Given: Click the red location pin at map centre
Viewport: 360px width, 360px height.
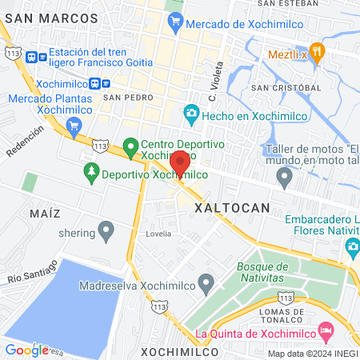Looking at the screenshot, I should pyautogui.click(x=180, y=162).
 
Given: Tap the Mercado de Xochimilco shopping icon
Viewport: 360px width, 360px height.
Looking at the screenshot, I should pyautogui.click(x=175, y=25).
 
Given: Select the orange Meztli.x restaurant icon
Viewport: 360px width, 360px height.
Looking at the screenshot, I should pyautogui.click(x=317, y=52).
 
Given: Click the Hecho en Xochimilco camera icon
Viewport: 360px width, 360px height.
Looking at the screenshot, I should pyautogui.click(x=190, y=115).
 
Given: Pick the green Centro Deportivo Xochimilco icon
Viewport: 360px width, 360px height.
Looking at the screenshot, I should pyautogui.click(x=130, y=148).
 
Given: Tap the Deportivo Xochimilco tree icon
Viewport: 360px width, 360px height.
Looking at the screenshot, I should pyautogui.click(x=92, y=172).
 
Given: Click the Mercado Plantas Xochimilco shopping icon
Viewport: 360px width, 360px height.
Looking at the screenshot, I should pyautogui.click(x=74, y=126).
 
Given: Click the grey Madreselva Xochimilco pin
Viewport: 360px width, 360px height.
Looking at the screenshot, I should pyautogui.click(x=206, y=282).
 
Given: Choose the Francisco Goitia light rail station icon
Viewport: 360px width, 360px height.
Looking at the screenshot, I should pyautogui.click(x=33, y=58).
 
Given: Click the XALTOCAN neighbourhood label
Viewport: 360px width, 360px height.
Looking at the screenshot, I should pyautogui.click(x=254, y=206).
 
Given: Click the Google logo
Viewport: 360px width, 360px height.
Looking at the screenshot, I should pyautogui.click(x=26, y=350).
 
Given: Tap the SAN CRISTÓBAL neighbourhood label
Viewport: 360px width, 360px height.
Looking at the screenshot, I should pyautogui.click(x=286, y=87).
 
